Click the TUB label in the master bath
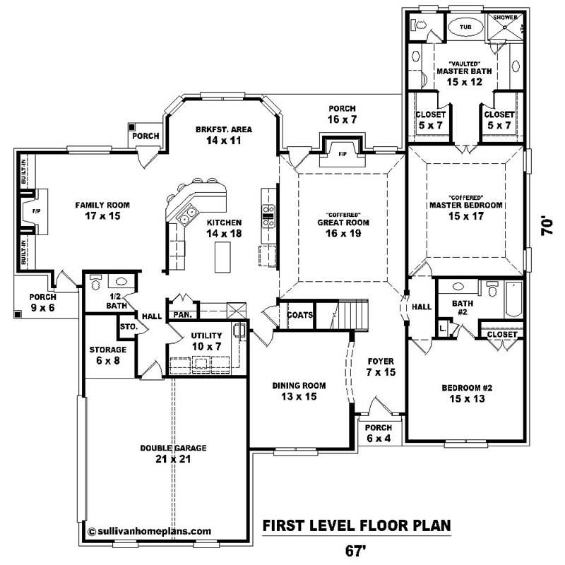pos(465,28)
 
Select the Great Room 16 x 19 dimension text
pos(344,233)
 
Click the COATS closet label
pos(300,315)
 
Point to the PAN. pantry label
pos(184,314)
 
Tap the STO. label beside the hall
pos(128,327)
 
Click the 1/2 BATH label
pos(117,301)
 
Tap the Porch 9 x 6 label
pos(43,302)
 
